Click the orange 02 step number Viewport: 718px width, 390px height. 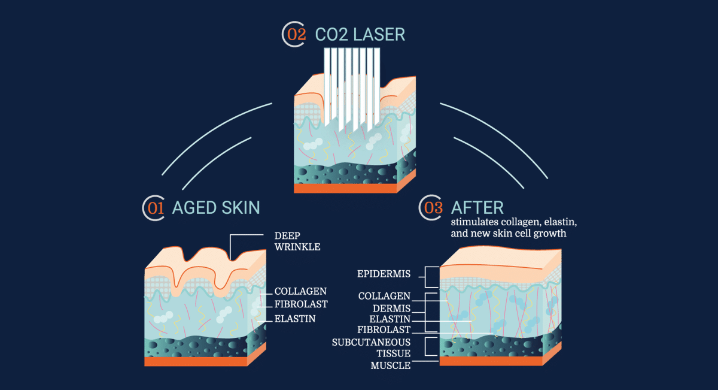click(x=296, y=34)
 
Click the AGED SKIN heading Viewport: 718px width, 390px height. click(x=216, y=208)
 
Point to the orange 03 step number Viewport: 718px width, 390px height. click(x=433, y=208)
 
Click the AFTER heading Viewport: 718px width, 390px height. click(x=477, y=208)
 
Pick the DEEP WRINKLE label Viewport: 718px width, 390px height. click(x=297, y=241)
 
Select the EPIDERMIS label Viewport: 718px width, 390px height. click(x=383, y=274)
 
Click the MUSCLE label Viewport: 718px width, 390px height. click(x=390, y=365)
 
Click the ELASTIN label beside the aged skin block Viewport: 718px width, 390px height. click(x=295, y=319)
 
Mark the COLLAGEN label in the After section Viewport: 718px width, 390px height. click(x=384, y=296)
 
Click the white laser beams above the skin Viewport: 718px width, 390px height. click(x=352, y=84)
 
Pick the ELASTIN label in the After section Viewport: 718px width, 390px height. click(x=390, y=318)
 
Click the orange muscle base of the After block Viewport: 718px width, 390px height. click(x=491, y=361)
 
